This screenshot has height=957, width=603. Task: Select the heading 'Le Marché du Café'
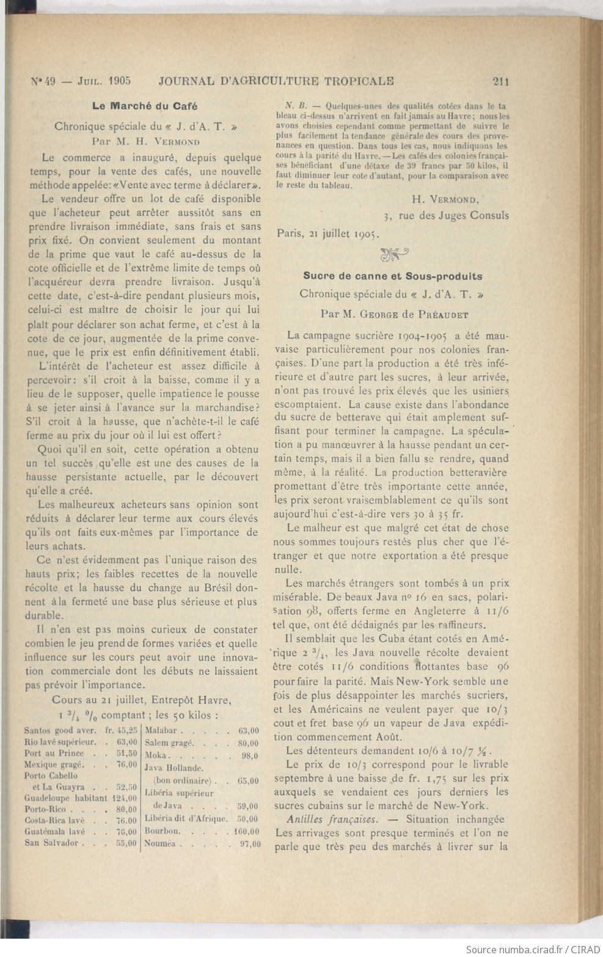144,106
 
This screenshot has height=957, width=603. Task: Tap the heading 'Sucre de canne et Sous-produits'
392,276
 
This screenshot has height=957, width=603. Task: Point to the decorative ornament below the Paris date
393,253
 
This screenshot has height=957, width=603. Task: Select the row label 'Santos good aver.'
58,730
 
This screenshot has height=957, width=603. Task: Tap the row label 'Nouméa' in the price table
160,844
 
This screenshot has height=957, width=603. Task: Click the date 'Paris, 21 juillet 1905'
328,233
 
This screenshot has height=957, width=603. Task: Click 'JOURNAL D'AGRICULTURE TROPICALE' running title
276,80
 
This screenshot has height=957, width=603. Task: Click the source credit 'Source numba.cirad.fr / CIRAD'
531,949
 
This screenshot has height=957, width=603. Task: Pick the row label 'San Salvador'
52,843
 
